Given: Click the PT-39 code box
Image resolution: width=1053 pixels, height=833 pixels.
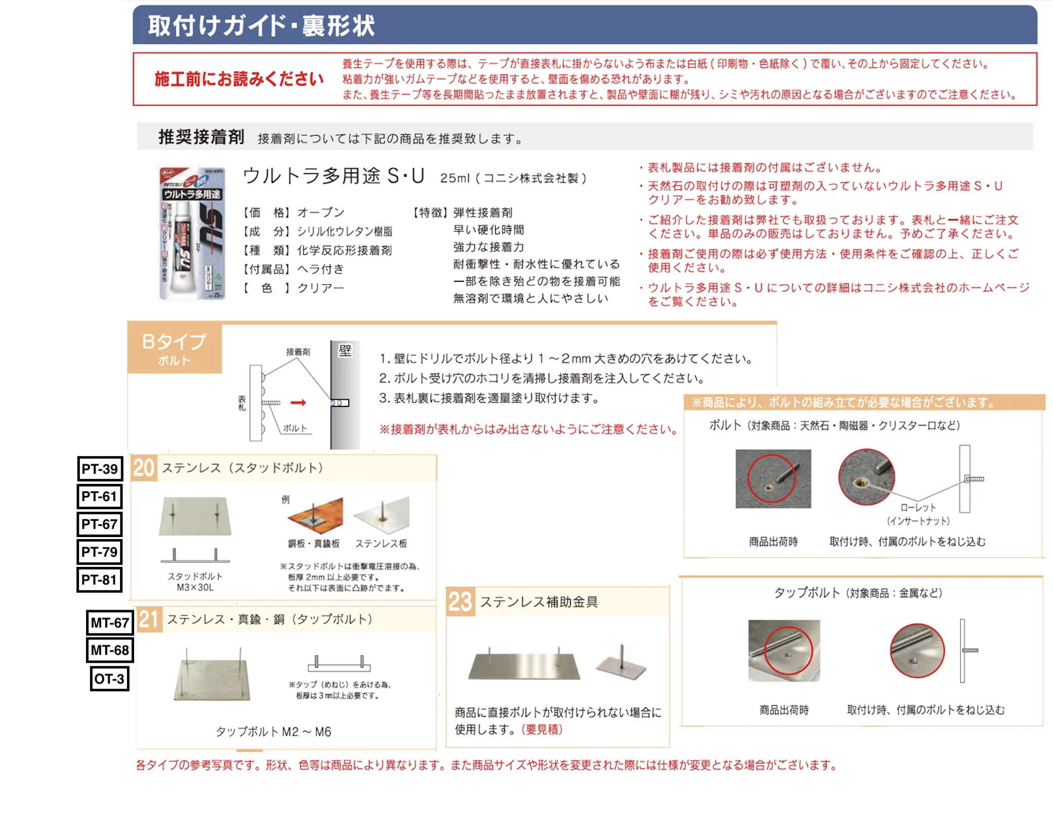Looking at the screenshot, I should coord(100,469).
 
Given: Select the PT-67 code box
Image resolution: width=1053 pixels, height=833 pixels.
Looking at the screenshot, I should coord(100,524).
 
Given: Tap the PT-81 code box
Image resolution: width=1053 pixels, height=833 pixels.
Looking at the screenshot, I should coord(100,580).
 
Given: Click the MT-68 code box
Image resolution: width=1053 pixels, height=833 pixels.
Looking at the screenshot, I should coord(110,650).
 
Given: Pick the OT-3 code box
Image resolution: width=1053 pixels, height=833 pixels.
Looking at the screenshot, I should coord(109,678).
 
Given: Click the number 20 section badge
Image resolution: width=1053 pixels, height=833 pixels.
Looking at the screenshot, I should coord(144,468).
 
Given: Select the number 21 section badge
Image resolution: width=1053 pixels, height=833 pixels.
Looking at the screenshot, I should coord(149,619).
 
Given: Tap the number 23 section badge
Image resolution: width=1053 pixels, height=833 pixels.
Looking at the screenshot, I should coord(460,602).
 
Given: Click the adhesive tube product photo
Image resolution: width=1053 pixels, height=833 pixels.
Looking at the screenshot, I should coord(192,234).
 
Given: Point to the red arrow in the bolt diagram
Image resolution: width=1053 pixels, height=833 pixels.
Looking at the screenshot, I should coord(298,403).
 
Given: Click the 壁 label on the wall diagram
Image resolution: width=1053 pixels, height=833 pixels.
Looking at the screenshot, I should coord(345,351).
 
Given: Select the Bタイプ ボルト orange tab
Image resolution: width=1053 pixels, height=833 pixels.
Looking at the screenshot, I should coord(174,349).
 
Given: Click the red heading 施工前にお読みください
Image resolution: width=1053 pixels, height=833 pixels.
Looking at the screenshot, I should coord(239,80).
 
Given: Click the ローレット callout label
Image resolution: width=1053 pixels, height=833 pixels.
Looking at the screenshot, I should coord(918,508).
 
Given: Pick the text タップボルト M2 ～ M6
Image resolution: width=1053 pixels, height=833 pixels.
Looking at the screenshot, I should coord(273,732).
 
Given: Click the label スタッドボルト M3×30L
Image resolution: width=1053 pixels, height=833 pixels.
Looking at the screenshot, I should coord(195,582).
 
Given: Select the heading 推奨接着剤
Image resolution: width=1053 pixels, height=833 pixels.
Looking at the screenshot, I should coord(201,137).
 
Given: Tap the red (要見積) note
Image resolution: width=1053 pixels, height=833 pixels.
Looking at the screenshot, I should coord(542,730).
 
